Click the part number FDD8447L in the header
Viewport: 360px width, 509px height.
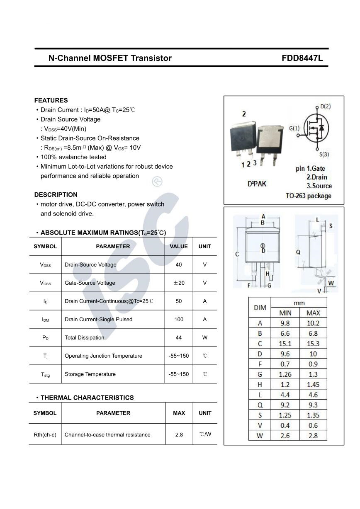302,58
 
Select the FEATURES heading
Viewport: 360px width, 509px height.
51,100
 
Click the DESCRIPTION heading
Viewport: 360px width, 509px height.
56,194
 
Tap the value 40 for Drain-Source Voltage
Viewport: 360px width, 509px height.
179,264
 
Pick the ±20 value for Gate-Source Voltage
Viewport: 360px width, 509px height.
179,283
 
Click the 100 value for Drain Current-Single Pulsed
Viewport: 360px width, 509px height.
179,319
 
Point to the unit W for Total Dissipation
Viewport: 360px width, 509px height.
205,337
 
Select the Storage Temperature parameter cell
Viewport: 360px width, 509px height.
90,374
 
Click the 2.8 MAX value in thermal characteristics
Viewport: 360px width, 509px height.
179,434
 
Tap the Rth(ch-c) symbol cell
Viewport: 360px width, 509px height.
45,434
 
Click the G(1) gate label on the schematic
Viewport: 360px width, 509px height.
294,128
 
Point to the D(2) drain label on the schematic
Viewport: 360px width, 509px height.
325,107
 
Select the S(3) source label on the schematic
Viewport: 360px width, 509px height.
324,154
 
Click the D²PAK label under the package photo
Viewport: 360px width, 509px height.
257,184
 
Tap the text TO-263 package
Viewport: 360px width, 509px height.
309,196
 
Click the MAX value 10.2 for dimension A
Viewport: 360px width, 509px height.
313,323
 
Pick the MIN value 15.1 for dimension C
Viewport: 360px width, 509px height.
285,344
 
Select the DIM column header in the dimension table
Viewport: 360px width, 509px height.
260,308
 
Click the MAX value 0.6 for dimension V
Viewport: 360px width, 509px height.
313,425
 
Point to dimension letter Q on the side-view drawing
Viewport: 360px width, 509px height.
298,252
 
